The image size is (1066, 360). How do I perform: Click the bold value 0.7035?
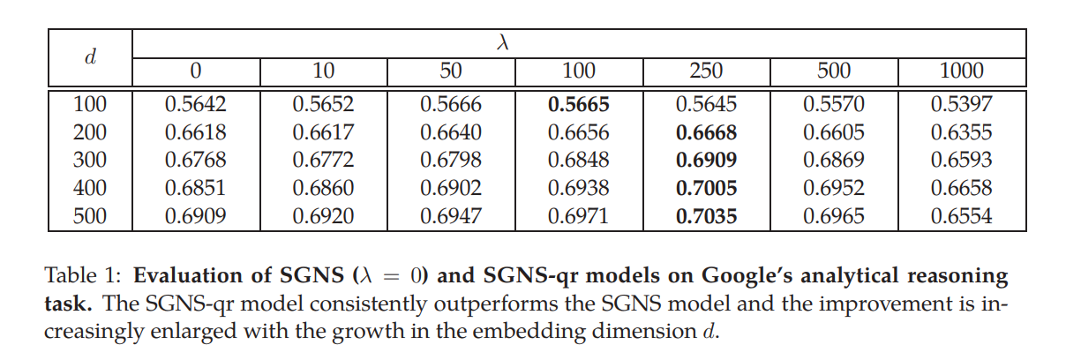pos(706,216)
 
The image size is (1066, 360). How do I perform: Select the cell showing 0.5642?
pos(196,105)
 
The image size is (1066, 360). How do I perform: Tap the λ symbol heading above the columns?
pos(504,41)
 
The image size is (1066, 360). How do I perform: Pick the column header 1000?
pos(962,71)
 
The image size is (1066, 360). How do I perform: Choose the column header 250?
pos(706,71)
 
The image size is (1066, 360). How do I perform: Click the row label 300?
pos(90,161)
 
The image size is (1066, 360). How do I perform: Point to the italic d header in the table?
pos(90,56)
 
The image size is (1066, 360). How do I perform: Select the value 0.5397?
pos(962,105)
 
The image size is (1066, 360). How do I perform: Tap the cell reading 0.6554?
pos(962,216)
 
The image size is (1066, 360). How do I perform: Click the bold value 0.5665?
pos(578,105)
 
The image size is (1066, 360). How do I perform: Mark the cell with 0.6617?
pos(323,133)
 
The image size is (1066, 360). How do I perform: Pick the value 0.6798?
pos(451,161)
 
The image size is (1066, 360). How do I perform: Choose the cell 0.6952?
pos(834,188)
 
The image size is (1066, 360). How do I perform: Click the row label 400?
pos(90,188)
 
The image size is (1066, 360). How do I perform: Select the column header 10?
pos(323,71)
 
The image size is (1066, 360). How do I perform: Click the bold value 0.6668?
pos(706,133)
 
